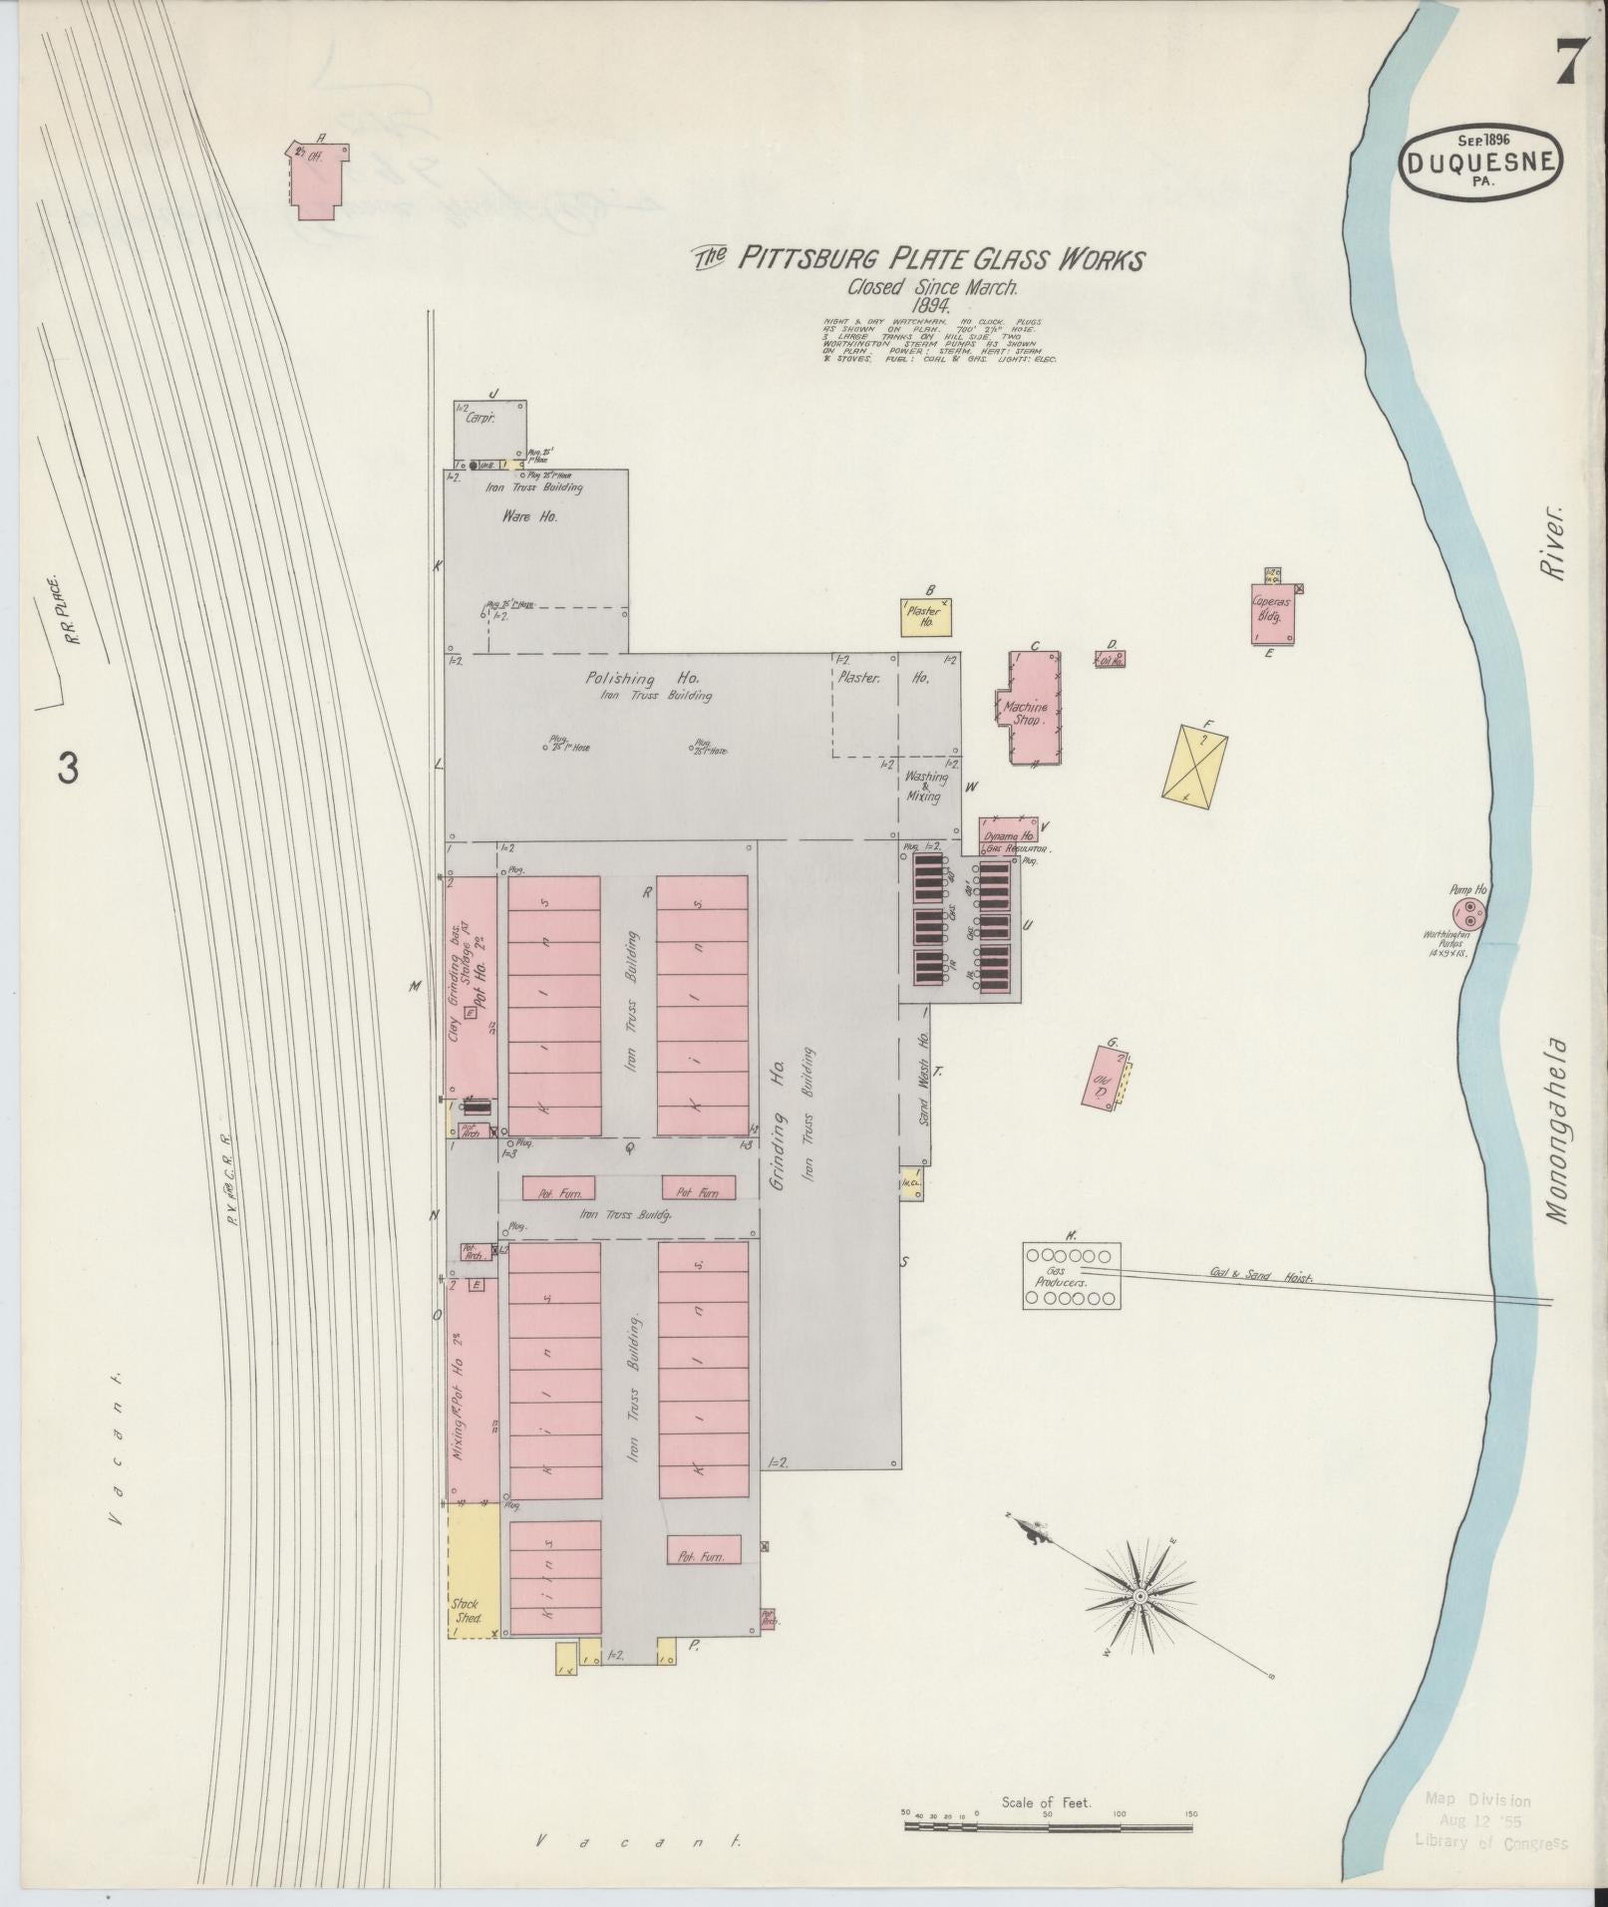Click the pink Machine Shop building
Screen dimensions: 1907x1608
click(x=1034, y=709)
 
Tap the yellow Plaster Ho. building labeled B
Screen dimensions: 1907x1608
click(x=926, y=618)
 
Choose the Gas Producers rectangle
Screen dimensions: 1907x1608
click(x=1072, y=1275)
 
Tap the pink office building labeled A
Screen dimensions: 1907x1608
click(x=319, y=179)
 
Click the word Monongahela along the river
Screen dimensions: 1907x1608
click(x=1558, y=1131)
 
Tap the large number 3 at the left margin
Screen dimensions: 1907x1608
click(x=68, y=769)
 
